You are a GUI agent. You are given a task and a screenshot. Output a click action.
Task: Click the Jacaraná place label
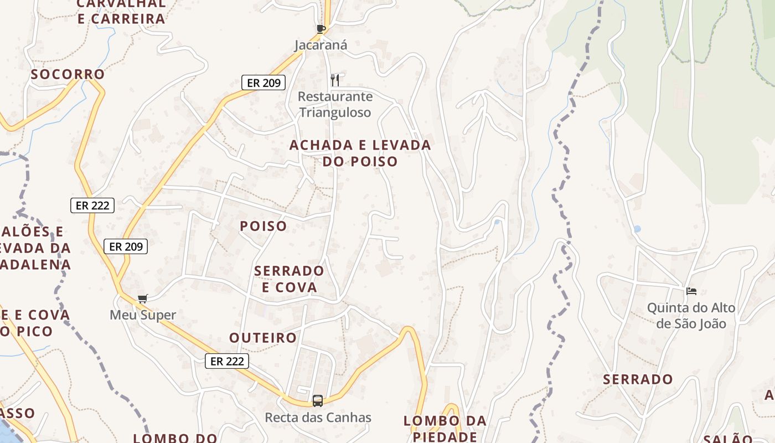point(321,45)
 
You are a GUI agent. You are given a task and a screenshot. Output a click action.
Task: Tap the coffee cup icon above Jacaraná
point(321,29)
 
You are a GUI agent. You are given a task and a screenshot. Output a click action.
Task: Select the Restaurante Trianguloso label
point(335,104)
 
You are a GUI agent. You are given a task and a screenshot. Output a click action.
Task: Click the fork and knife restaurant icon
point(335,80)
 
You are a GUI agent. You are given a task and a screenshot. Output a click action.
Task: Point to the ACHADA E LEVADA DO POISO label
point(360,153)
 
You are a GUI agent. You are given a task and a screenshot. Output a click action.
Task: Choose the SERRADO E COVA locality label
point(289,279)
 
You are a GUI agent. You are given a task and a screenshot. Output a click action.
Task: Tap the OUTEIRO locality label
point(263,338)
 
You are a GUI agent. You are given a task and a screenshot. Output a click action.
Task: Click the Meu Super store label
point(143,315)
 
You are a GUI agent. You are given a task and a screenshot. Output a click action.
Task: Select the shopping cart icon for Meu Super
point(143,299)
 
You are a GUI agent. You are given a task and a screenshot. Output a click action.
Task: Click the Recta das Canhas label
point(318,417)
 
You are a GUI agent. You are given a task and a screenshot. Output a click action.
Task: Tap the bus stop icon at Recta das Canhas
point(318,400)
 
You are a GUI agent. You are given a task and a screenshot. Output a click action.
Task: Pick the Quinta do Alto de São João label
point(691,315)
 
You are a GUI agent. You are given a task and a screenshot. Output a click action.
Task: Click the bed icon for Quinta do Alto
point(691,291)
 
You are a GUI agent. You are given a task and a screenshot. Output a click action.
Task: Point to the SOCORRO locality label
point(68,74)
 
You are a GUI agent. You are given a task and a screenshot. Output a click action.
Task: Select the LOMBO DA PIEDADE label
point(445,428)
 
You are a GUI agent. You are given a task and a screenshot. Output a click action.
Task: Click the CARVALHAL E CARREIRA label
point(121,11)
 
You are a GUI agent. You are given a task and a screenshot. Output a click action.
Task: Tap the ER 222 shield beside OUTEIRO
point(227,361)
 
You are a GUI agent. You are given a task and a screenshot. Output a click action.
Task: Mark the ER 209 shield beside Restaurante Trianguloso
point(263,83)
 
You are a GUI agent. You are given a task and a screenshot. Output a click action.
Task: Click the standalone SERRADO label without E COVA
point(638,379)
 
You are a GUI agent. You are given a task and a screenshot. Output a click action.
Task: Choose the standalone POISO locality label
point(263,226)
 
